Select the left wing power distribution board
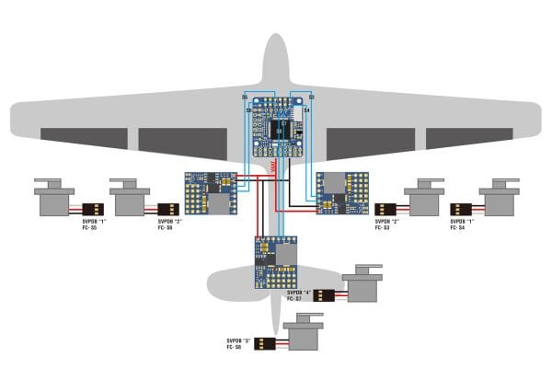point(211,192)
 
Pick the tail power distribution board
point(277,261)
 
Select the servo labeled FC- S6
point(128,199)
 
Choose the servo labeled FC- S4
point(498,199)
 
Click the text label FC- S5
point(88,227)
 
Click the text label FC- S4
point(461,227)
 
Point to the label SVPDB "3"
point(241,340)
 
